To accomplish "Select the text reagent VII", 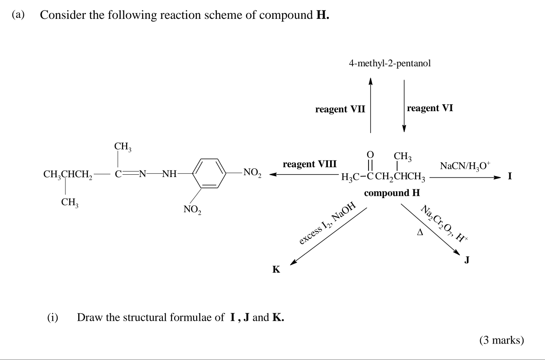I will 340,109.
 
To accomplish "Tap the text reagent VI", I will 430,108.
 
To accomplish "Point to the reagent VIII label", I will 310,164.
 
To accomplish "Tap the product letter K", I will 276,269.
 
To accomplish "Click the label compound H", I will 392,193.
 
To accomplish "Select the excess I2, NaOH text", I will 327,224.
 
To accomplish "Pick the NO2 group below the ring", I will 194,210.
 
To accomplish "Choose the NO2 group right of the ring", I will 252,173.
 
